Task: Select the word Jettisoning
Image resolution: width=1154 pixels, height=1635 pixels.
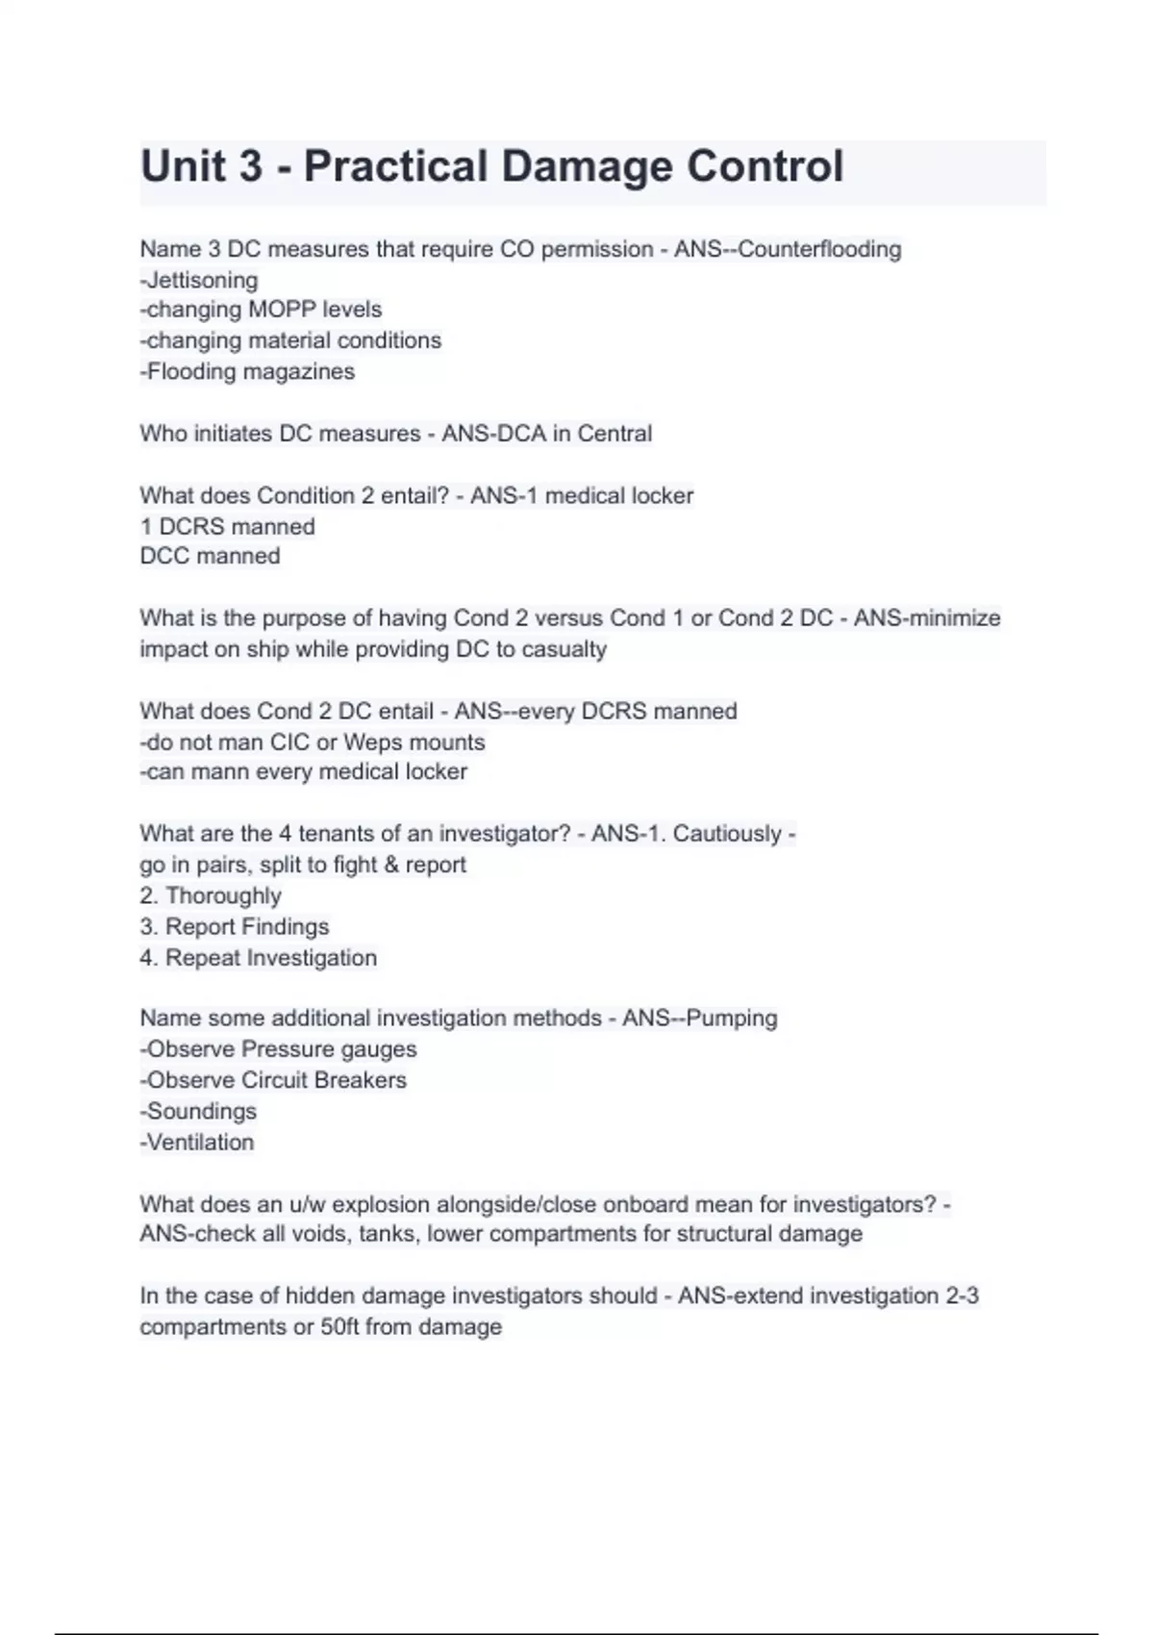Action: click(x=202, y=280)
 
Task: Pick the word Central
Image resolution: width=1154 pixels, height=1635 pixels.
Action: click(x=615, y=434)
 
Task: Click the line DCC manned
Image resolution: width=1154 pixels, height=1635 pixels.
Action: click(x=210, y=556)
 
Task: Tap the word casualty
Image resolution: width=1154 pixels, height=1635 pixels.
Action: click(x=564, y=649)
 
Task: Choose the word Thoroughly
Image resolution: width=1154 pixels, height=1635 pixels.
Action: click(x=223, y=895)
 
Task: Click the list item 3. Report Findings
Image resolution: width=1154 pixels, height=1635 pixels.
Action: click(x=234, y=926)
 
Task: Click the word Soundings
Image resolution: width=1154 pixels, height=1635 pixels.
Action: click(x=201, y=1112)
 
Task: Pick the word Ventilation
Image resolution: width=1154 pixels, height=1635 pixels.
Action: click(x=200, y=1143)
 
